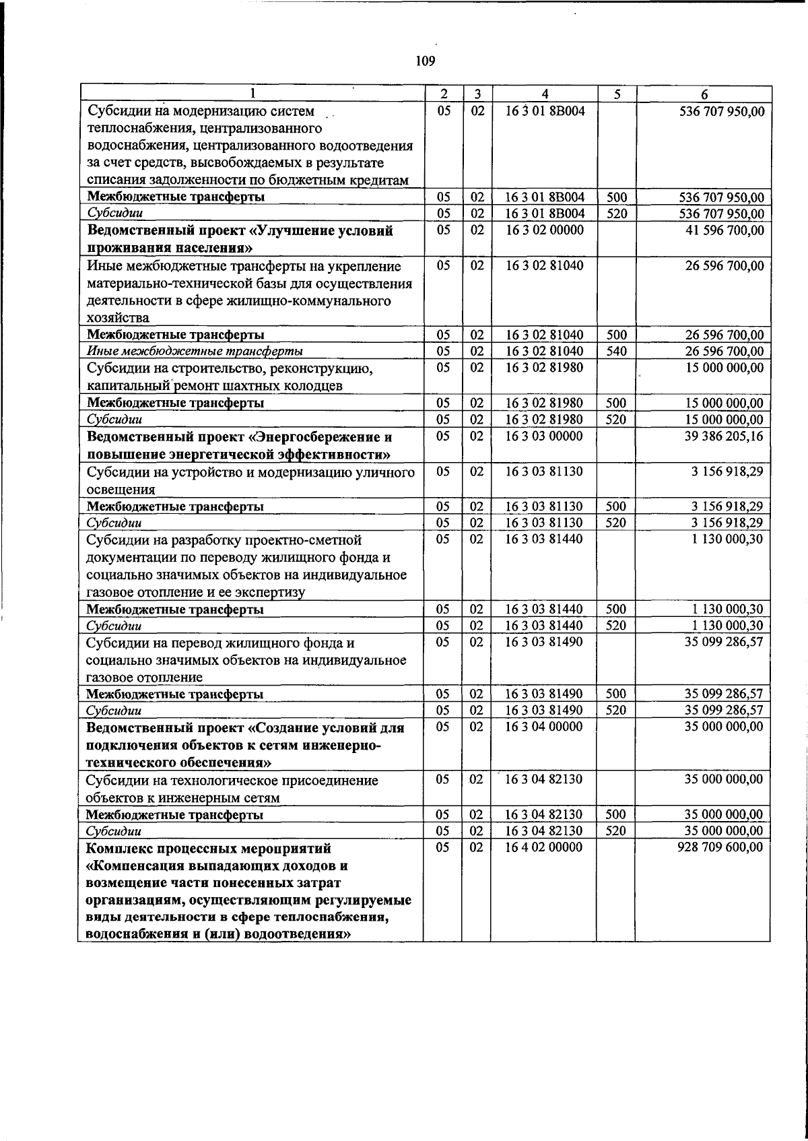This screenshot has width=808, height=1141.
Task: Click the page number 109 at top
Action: point(425,62)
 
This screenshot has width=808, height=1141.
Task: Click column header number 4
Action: point(545,94)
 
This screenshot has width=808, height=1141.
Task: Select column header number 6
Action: point(703,95)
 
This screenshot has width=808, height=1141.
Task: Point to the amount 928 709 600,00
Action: point(720,847)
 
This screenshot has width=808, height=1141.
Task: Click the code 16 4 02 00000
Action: point(544,847)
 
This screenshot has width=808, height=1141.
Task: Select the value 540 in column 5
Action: point(616,351)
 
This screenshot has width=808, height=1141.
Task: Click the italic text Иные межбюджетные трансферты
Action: point(195,352)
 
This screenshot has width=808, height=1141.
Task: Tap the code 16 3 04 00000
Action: point(544,727)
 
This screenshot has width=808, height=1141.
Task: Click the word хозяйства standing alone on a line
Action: point(119,318)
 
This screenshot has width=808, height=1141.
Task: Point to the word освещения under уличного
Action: point(122,489)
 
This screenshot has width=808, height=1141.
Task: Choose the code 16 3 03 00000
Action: point(544,436)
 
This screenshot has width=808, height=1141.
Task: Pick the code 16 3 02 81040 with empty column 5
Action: point(544,265)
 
